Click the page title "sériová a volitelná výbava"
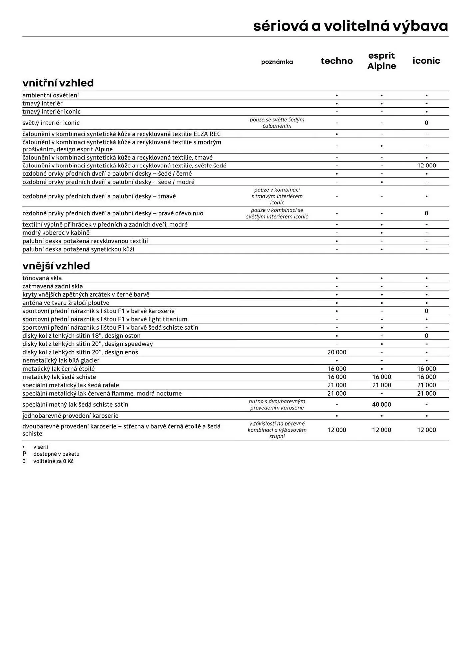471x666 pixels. pyautogui.click(x=350, y=26)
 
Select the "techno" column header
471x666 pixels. pyautogui.click(x=337, y=61)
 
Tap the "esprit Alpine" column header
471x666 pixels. pyautogui.click(x=381, y=61)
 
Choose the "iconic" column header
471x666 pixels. pyautogui.click(x=426, y=61)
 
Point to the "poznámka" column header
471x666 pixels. pyautogui.click(x=277, y=62)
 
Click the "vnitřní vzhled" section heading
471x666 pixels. pyautogui.click(x=58, y=83)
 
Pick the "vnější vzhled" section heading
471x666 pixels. pyautogui.click(x=56, y=266)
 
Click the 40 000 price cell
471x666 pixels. pyautogui.click(x=381, y=404)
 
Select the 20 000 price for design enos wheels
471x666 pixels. pyautogui.click(x=337, y=352)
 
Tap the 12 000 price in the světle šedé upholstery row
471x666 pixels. pyautogui.click(x=426, y=166)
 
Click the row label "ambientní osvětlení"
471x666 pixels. pyautogui.click(x=51, y=95)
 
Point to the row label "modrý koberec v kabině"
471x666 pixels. pyautogui.click(x=56, y=233)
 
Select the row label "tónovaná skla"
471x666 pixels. pyautogui.click(x=42, y=278)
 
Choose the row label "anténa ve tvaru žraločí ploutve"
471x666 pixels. pyautogui.click(x=66, y=303)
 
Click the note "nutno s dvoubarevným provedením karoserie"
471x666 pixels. pyautogui.click(x=277, y=404)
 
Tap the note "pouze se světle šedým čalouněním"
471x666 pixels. pyautogui.click(x=277, y=123)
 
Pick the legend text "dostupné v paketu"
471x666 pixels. pyautogui.click(x=56, y=454)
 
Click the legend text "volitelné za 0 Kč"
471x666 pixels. pyautogui.click(x=53, y=461)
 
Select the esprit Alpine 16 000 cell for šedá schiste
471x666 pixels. pyautogui.click(x=381, y=377)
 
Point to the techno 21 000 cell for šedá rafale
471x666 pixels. pyautogui.click(x=337, y=385)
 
